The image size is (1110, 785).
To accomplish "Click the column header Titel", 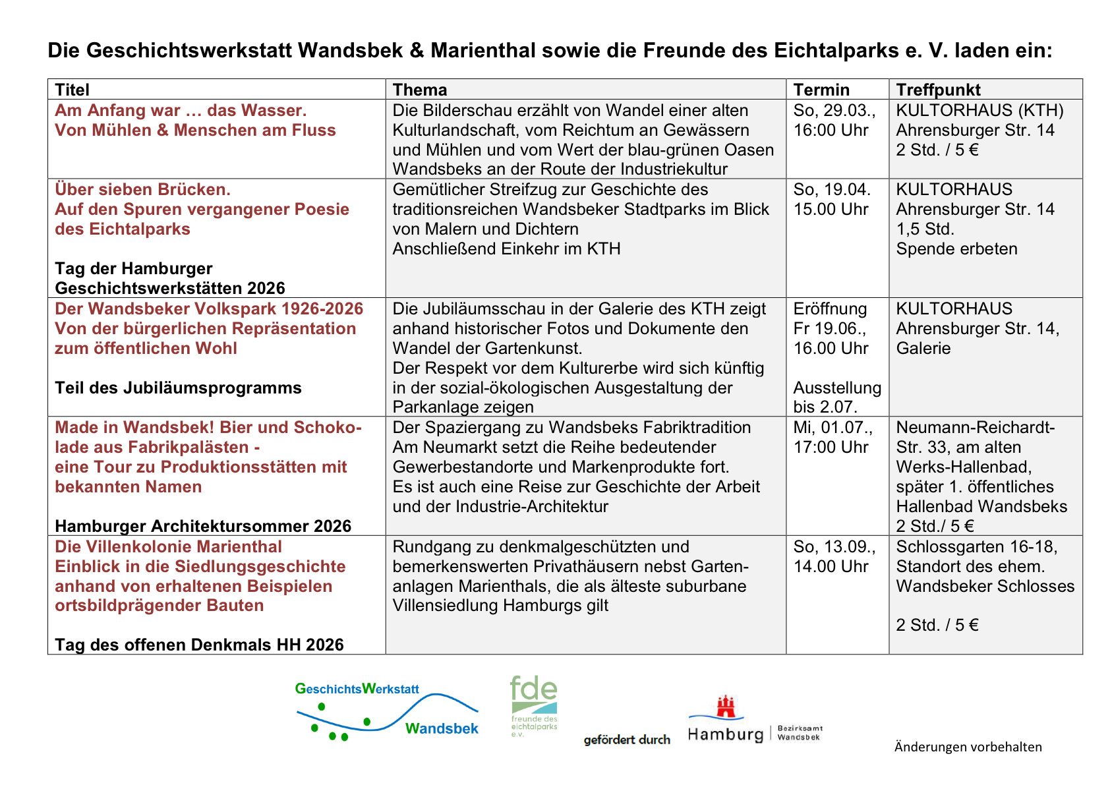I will (72, 90).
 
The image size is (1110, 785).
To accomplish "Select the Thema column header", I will (420, 90).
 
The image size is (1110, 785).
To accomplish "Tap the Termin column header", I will (821, 90).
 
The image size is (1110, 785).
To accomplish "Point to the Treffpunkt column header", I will (938, 90).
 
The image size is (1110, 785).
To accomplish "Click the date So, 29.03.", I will (834, 110).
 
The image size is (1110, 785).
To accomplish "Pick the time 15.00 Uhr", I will (831, 209).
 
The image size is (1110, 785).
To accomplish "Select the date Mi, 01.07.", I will (832, 427).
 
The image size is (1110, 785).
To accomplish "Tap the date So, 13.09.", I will (834, 546).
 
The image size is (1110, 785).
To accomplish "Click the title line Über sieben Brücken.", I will (142, 189).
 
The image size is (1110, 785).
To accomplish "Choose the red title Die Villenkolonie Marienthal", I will (168, 546).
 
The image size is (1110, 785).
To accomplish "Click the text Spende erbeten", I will (956, 248).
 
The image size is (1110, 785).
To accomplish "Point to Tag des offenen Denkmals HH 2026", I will (199, 645).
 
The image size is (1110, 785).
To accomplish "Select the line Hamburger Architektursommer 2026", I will (203, 526).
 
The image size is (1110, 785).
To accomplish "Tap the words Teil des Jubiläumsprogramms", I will (178, 388).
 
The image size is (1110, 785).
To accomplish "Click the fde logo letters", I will (533, 690).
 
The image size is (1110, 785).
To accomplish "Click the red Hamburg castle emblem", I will (726, 707).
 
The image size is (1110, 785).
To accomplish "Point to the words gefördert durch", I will (627, 740).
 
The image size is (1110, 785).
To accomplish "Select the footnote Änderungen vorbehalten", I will (968, 747).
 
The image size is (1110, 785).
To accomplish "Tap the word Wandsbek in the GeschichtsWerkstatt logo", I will (442, 728).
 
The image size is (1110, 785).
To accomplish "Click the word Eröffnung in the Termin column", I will (830, 308).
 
